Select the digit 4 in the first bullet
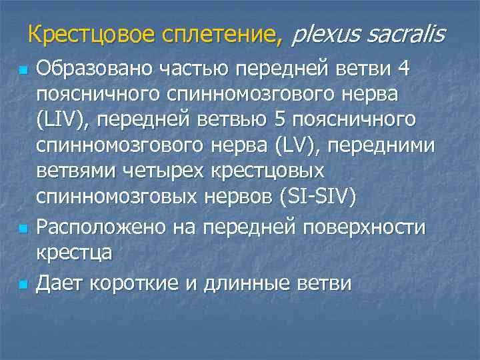[402, 68]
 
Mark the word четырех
[165, 171]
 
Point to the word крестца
[73, 253]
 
